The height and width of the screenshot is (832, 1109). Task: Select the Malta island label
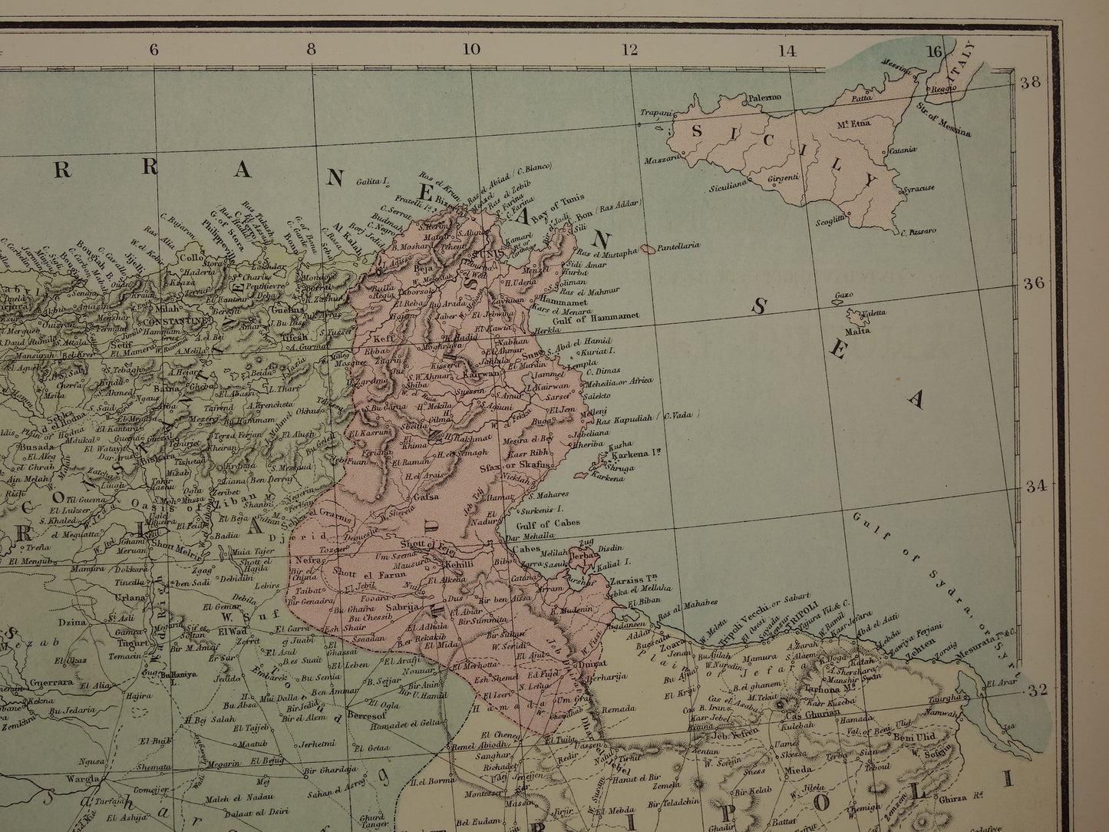pos(857,332)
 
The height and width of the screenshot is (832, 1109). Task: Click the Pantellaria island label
pos(677,246)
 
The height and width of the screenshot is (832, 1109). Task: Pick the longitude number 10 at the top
pos(470,50)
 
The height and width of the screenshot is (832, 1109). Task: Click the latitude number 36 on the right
pos(1033,282)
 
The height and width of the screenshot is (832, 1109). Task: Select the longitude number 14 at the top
pos(787,51)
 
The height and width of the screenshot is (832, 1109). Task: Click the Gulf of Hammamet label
pos(596,317)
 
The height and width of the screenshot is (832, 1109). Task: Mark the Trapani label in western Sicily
pos(655,113)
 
